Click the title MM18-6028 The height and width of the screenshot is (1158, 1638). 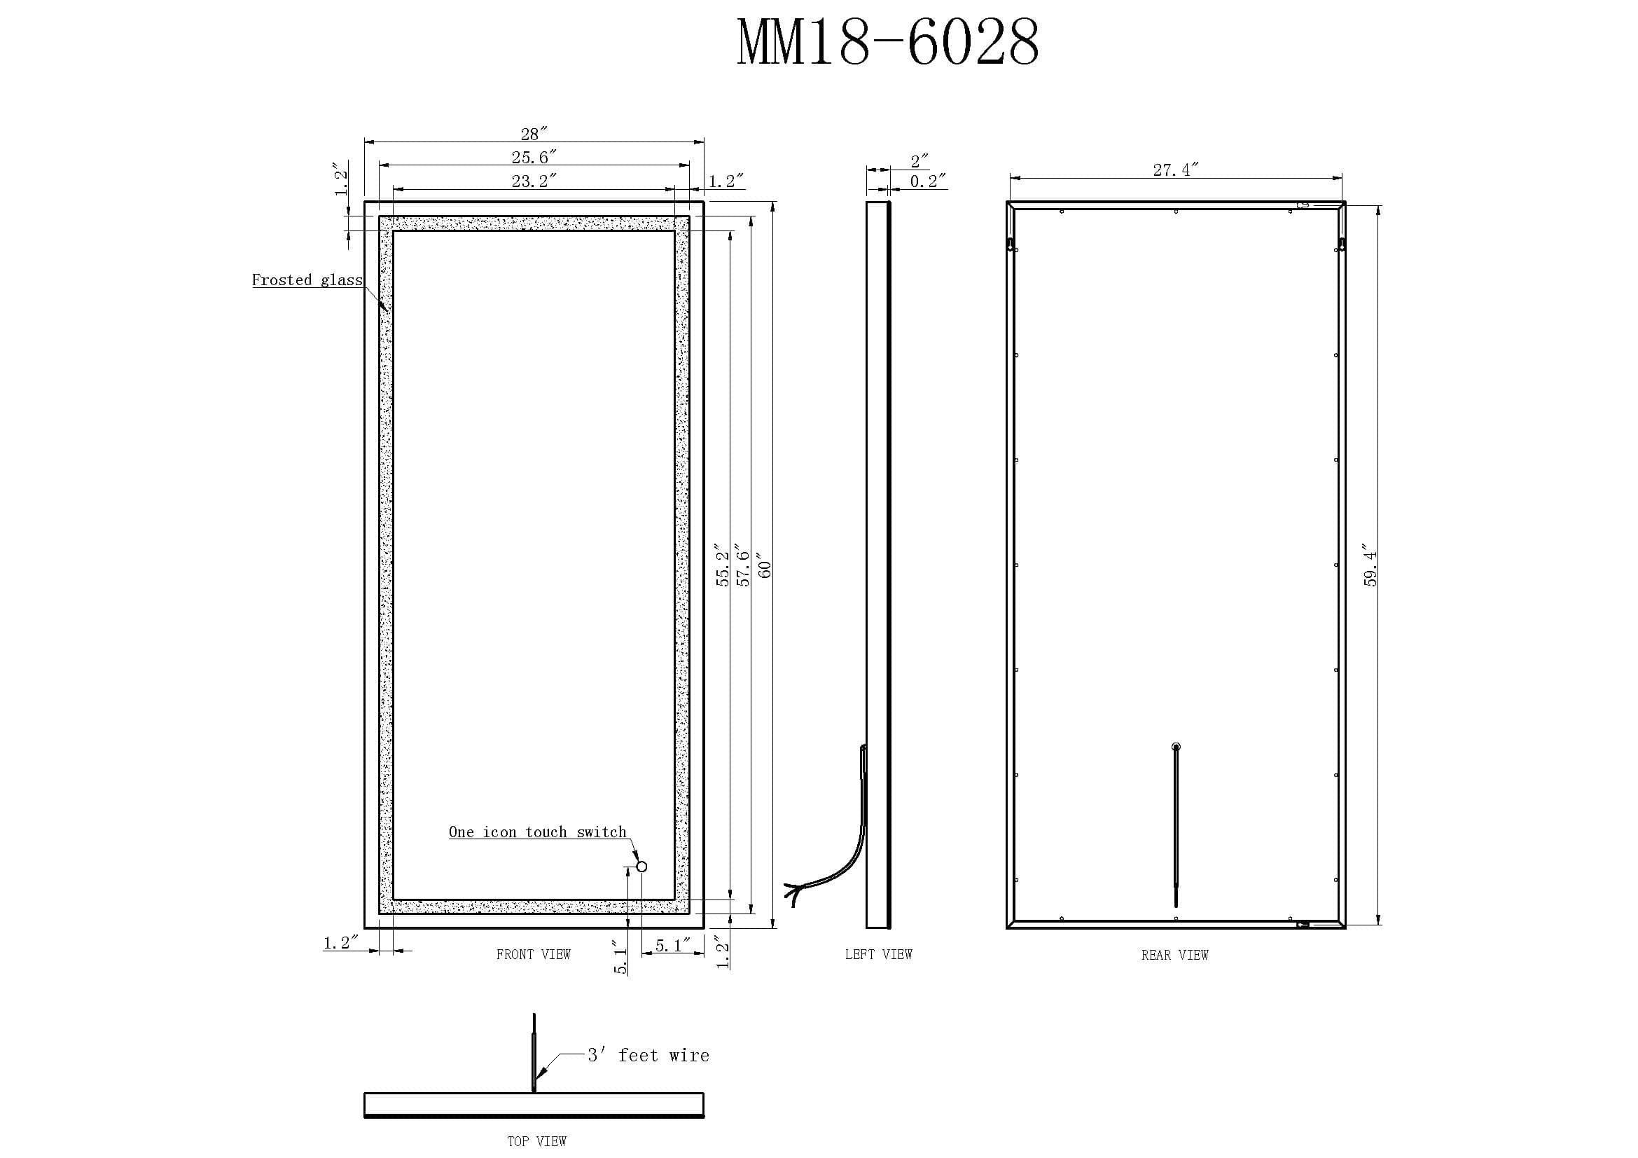click(x=887, y=43)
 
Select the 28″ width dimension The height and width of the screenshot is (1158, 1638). click(x=534, y=134)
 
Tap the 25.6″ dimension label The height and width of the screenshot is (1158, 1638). click(x=534, y=157)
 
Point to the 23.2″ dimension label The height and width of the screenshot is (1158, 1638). click(x=534, y=181)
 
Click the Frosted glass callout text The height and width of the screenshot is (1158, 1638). click(x=307, y=280)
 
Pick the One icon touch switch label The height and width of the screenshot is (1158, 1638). click(x=537, y=832)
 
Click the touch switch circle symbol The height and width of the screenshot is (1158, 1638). click(x=641, y=867)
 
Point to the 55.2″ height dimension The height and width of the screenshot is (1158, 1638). click(x=723, y=565)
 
